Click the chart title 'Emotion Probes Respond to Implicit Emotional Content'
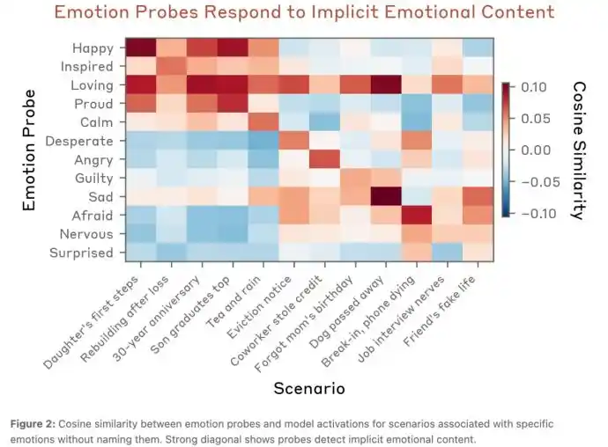click(x=304, y=12)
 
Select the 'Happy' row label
click(x=93, y=48)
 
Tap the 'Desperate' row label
click(x=80, y=141)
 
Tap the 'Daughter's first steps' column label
click(x=97, y=317)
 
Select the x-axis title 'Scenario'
click(x=308, y=387)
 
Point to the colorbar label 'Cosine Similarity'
click(x=578, y=150)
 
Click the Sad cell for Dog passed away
click(x=385, y=196)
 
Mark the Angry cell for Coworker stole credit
click(x=323, y=159)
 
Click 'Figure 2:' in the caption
click(x=32, y=423)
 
